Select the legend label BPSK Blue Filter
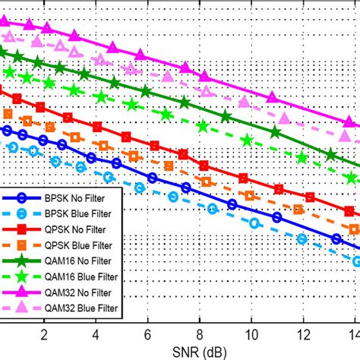pyautogui.click(x=87, y=213)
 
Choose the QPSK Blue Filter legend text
pyautogui.click(x=87, y=244)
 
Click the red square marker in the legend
pyautogui.click(x=24, y=229)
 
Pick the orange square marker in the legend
pyautogui.click(x=24, y=244)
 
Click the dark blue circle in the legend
pyautogui.click(x=24, y=198)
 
